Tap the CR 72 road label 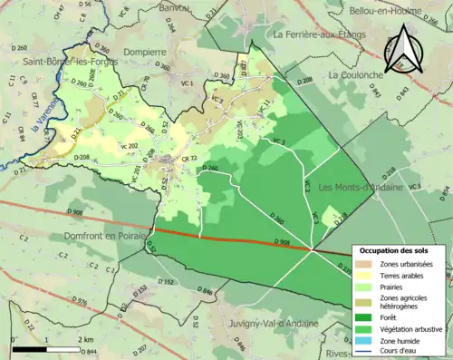pyautogui.click(x=189, y=159)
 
